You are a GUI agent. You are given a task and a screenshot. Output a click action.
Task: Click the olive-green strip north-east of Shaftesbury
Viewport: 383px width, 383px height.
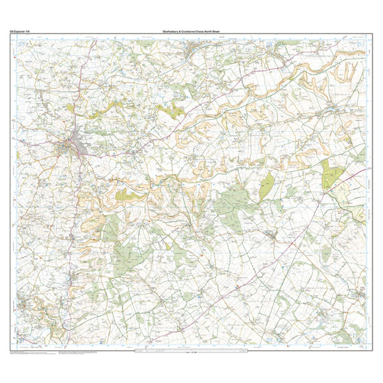(x=169, y=110)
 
